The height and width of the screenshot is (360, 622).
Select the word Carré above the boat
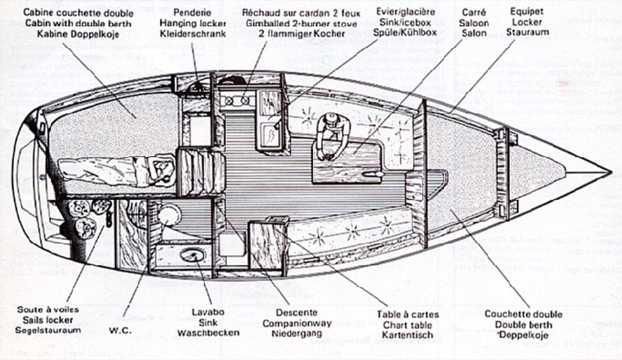coord(476,12)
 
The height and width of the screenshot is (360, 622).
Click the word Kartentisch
coord(408,335)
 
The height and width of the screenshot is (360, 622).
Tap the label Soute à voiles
coord(49,308)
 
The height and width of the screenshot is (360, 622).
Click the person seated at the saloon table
coord(332,133)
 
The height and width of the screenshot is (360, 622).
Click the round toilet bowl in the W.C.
coord(168,215)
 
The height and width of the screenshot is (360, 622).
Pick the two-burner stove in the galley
coord(237,101)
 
